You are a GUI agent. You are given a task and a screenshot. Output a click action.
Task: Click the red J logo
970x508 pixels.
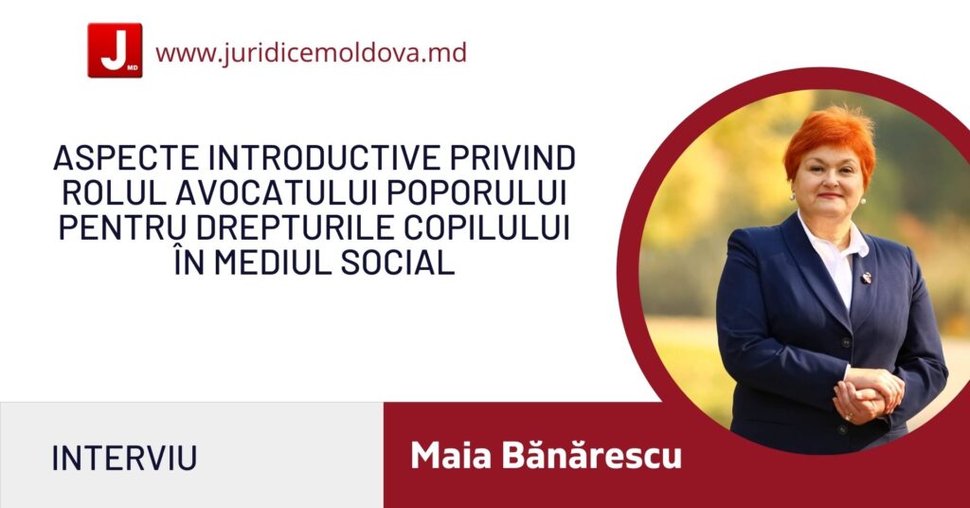click(x=115, y=50)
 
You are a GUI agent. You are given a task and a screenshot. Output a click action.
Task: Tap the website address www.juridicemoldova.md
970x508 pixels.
click(x=311, y=52)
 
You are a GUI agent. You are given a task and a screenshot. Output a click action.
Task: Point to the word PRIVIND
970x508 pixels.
click(x=512, y=158)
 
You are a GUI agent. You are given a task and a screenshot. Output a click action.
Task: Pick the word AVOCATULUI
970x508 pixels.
click(x=277, y=193)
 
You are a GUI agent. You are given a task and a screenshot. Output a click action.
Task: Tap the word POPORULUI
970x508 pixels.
click(x=477, y=193)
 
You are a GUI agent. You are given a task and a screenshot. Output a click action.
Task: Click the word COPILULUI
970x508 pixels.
click(x=487, y=228)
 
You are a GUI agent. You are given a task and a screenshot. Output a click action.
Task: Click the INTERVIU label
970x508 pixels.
click(x=124, y=459)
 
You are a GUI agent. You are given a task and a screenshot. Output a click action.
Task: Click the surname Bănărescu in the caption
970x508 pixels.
click(x=591, y=456)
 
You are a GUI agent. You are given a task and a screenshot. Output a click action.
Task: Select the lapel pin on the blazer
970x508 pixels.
click(x=867, y=278)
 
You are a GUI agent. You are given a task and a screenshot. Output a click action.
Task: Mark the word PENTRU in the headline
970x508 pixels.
click(x=122, y=228)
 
